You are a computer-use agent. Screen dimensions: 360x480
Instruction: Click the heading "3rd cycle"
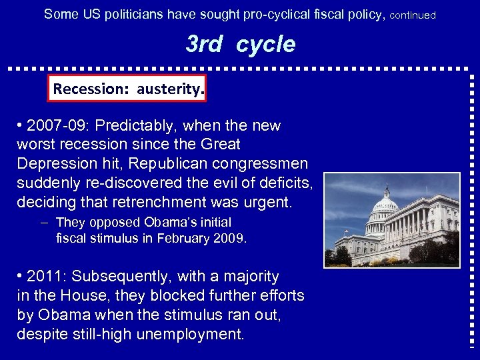pos(239,44)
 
